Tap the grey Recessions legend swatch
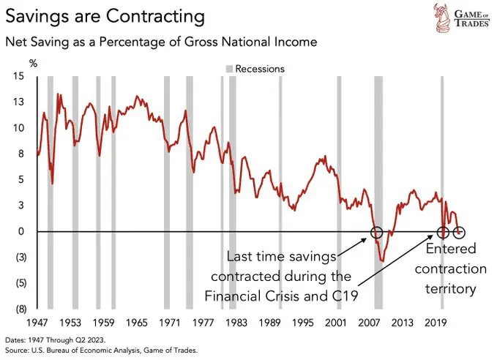coord(228,69)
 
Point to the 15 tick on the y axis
coord(19,77)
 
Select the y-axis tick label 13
coord(19,102)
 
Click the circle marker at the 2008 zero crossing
coord(376,232)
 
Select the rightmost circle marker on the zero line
coord(460,232)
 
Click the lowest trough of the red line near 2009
coord(382,260)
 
